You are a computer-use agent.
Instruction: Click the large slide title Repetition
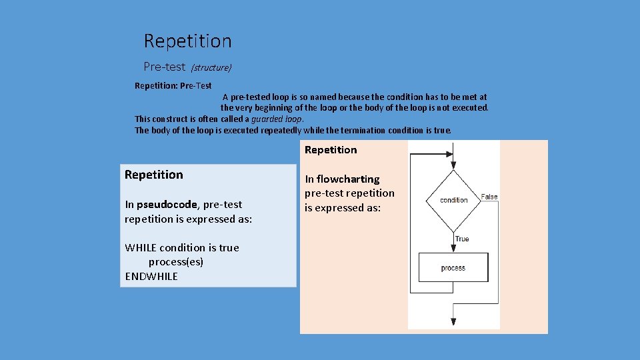188,41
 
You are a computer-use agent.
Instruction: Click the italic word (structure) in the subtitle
211,68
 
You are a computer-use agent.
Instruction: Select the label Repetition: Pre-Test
173,86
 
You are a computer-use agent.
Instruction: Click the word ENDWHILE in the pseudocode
151,276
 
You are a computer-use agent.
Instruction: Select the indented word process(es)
176,262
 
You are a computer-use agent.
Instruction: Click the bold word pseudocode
167,205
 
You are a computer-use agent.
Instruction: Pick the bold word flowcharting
348,179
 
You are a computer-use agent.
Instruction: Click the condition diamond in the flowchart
453,200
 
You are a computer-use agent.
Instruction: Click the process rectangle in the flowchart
453,267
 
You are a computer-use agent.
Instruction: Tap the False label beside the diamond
490,197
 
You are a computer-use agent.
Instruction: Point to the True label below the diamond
462,239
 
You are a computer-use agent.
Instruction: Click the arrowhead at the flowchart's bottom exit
453,322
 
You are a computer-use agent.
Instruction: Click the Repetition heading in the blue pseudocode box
153,175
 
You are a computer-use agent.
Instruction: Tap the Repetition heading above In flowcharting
331,150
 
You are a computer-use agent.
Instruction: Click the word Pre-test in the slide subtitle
164,67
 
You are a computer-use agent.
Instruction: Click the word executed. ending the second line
469,107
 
